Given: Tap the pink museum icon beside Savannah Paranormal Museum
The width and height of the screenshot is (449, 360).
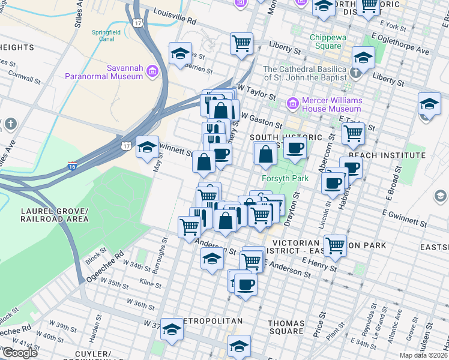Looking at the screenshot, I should pyautogui.click(x=152, y=73).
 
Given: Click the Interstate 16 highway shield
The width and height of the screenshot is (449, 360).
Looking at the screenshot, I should pyautogui.click(x=73, y=166).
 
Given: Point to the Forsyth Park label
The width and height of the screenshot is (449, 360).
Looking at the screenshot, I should pyautogui.click(x=280, y=178).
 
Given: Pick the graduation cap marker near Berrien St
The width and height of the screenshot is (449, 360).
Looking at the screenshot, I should pyautogui.click(x=180, y=54).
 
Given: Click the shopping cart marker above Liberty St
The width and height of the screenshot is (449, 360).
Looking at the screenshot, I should pyautogui.click(x=241, y=43).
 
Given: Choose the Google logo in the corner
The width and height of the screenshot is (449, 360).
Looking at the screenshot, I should pyautogui.click(x=19, y=353).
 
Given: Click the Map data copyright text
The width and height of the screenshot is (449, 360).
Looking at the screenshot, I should pyautogui.click(x=423, y=355).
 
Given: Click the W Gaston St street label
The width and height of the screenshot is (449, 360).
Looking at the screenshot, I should pyautogui.click(x=261, y=119).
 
